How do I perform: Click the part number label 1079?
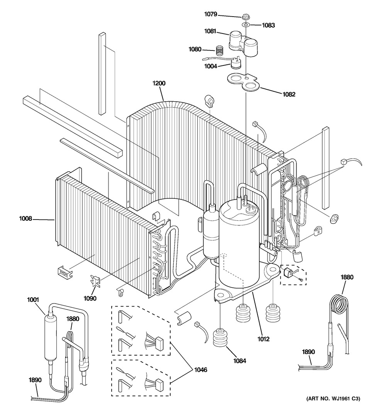click(211, 14)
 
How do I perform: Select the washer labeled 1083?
click(246, 25)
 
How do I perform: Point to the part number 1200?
click(159, 83)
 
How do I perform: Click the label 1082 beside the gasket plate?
click(289, 94)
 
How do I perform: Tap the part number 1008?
click(25, 218)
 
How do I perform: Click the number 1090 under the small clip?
click(90, 298)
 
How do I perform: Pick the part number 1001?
click(33, 300)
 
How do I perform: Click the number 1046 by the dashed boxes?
click(201, 369)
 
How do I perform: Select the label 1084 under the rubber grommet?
click(240, 361)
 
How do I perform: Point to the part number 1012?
click(263, 339)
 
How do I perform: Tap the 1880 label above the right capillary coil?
click(347, 277)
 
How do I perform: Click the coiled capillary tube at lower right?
click(339, 305)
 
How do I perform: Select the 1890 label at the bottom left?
click(35, 380)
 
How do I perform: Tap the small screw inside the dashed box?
click(301, 280)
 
